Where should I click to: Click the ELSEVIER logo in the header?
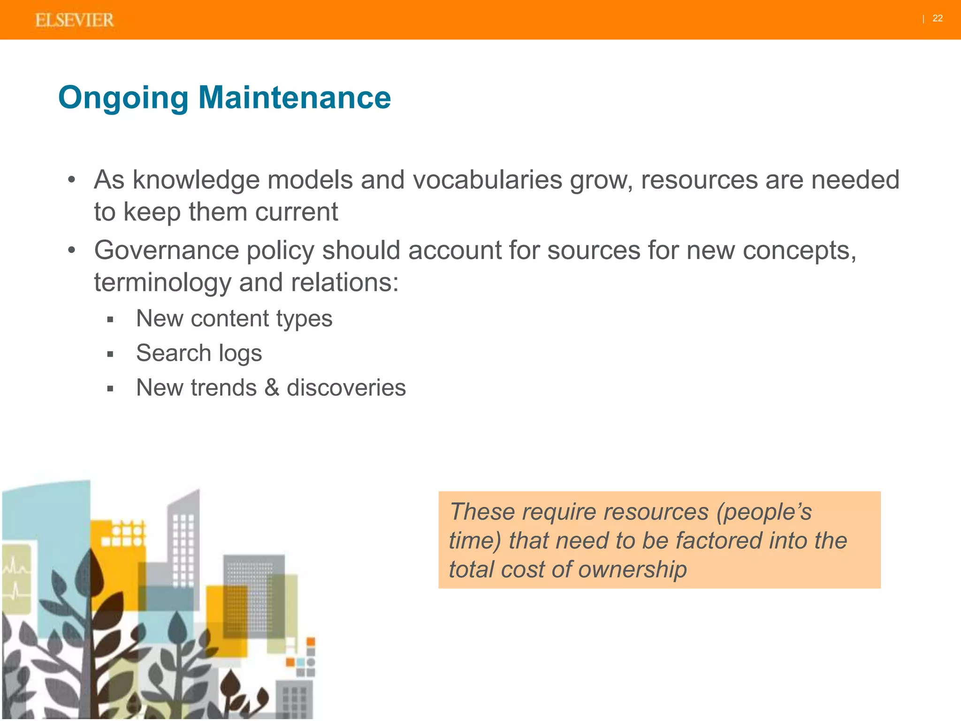(x=74, y=20)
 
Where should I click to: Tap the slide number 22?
(x=937, y=18)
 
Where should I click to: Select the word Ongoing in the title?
(x=123, y=99)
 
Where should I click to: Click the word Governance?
(x=166, y=250)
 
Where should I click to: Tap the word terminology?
(x=162, y=283)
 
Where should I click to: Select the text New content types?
(x=234, y=319)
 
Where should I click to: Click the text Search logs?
(x=199, y=353)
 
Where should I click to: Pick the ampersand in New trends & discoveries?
(x=272, y=388)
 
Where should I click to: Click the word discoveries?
(x=346, y=388)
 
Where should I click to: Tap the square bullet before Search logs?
(x=110, y=354)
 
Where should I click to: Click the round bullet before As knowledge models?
(x=71, y=180)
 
